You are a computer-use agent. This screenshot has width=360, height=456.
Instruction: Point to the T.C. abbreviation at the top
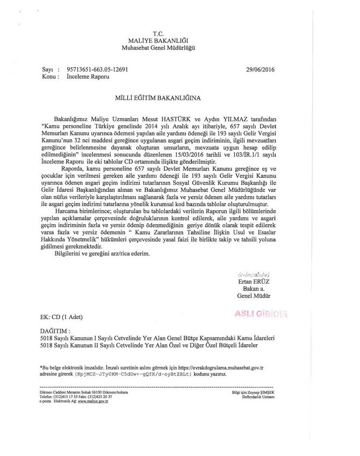tap(161, 34)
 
